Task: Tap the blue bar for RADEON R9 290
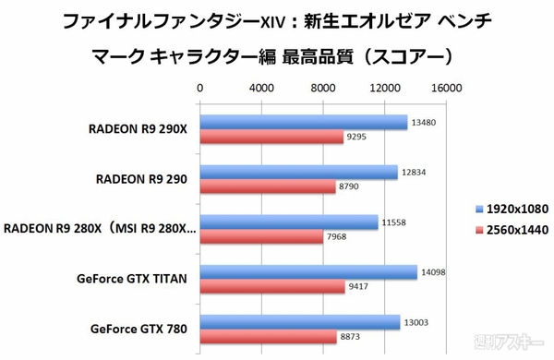[299, 172]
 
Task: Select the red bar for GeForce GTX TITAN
[273, 286]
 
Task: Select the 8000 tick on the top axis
[323, 89]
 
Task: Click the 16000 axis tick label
[447, 89]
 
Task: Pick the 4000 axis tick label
[261, 89]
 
